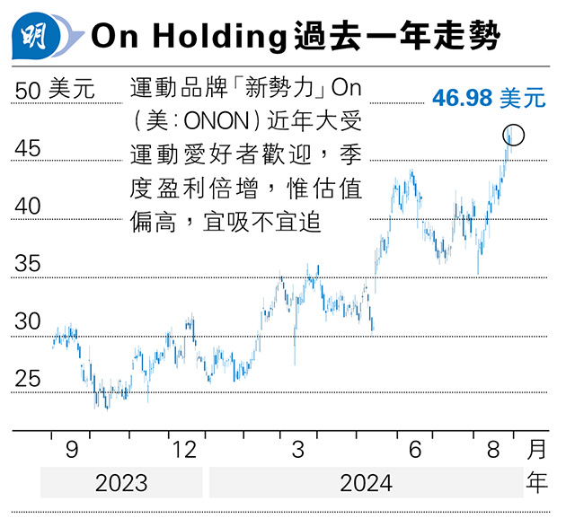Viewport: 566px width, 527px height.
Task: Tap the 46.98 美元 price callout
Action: pyautogui.click(x=488, y=98)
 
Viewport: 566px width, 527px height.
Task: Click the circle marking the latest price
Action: pyautogui.click(x=514, y=136)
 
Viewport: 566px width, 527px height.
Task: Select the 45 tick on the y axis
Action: pyautogui.click(x=29, y=148)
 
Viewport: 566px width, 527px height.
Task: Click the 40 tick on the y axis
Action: pyautogui.click(x=29, y=206)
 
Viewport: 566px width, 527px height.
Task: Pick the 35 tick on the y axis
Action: pyautogui.click(x=29, y=264)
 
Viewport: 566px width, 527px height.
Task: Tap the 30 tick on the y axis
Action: pyautogui.click(x=29, y=321)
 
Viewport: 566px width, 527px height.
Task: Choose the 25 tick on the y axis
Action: pyautogui.click(x=29, y=379)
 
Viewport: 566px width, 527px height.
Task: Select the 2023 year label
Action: pyautogui.click(x=120, y=483)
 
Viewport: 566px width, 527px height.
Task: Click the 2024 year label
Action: pyautogui.click(x=365, y=483)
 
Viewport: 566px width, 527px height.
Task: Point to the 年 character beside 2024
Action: pyautogui.click(x=536, y=483)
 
